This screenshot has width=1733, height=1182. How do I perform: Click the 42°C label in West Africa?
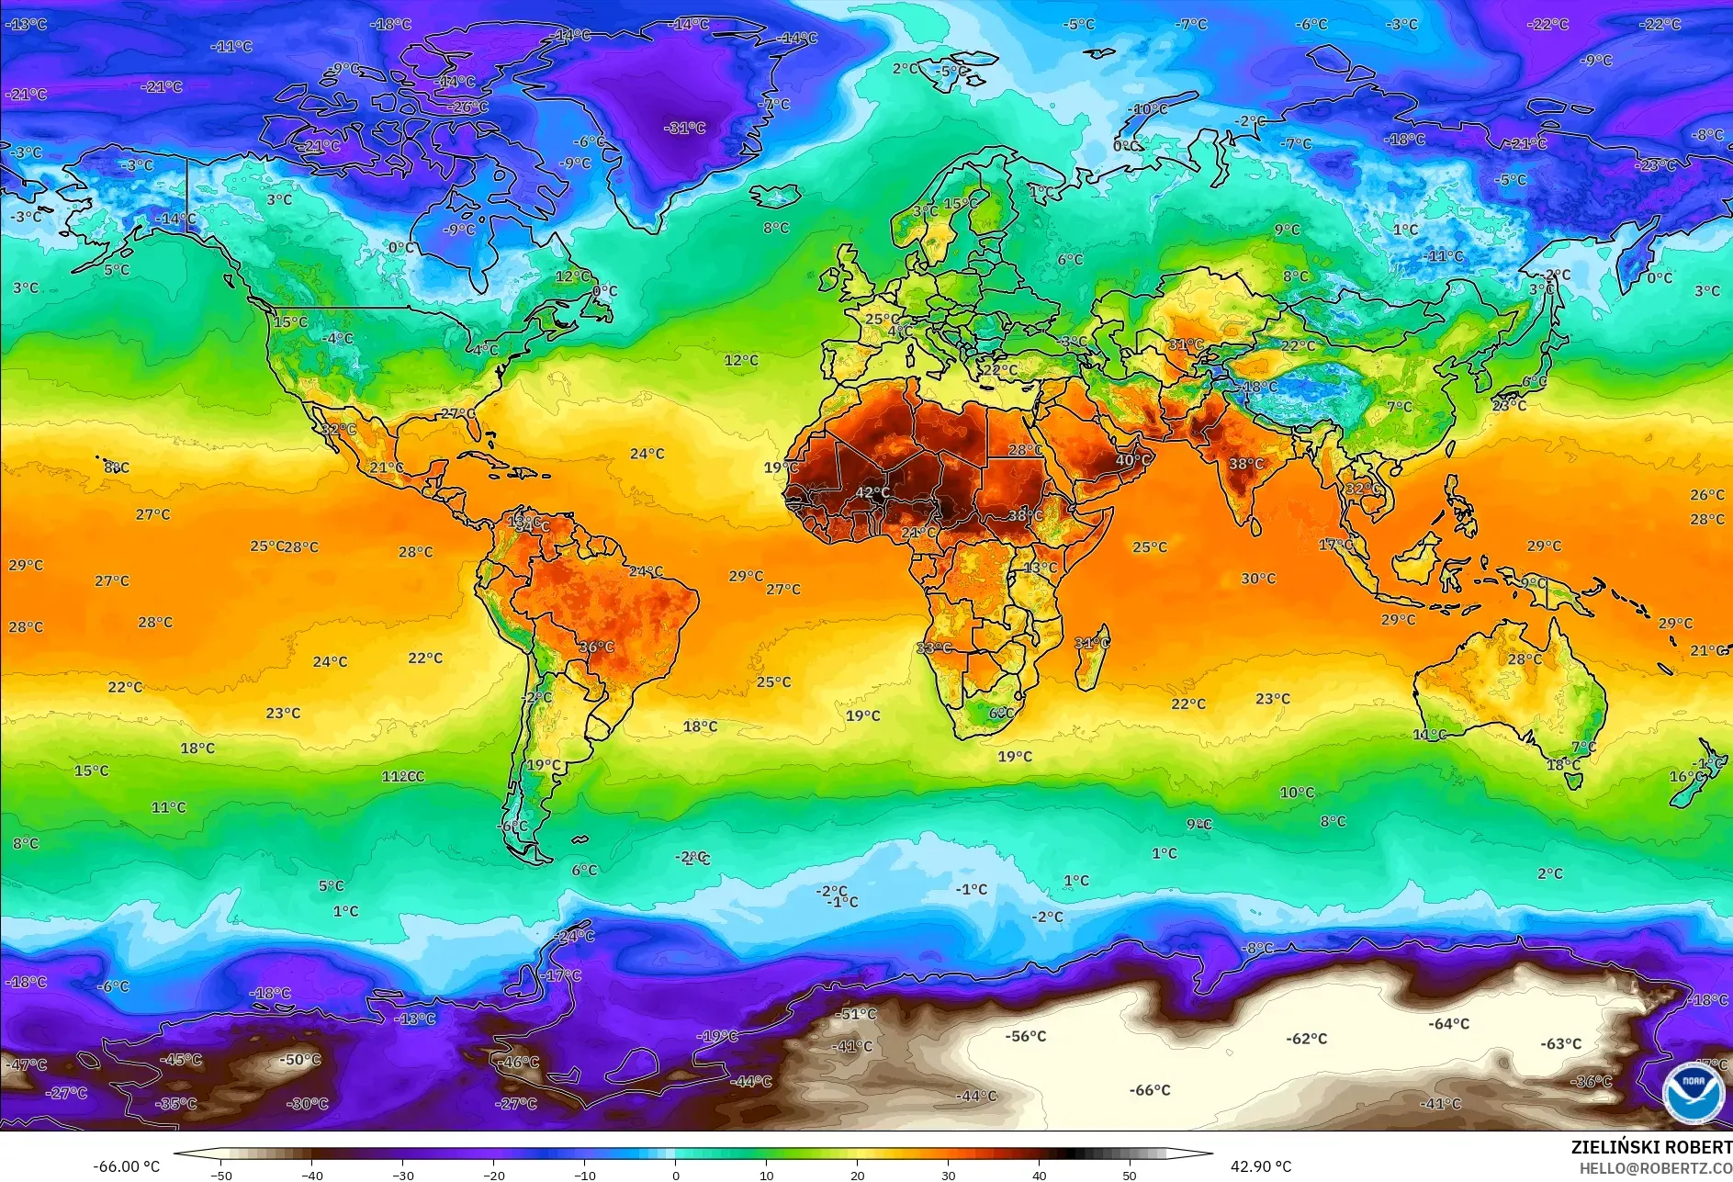(872, 492)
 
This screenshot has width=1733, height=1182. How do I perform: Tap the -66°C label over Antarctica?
(1150, 1090)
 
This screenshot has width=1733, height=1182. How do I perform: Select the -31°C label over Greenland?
(685, 128)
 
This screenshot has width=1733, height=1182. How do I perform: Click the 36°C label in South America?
(596, 647)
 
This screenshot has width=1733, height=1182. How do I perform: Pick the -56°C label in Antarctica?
(1026, 1036)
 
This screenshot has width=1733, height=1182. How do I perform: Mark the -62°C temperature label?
(1307, 1039)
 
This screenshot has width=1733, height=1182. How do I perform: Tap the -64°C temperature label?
(1449, 1023)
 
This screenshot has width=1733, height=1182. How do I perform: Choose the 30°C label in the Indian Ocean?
(1258, 579)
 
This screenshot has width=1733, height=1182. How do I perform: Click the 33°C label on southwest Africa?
(933, 647)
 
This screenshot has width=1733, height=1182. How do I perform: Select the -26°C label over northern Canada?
(469, 107)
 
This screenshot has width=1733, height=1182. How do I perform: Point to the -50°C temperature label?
(300, 1059)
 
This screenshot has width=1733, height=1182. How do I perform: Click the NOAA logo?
(1693, 1093)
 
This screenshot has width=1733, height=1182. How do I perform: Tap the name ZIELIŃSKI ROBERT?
(1651, 1147)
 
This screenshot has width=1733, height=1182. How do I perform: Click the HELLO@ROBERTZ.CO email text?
(1655, 1168)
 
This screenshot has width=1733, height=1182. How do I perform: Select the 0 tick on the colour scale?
(676, 1175)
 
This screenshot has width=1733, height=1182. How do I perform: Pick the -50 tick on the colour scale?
(220, 1175)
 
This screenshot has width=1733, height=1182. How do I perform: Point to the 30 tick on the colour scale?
(949, 1175)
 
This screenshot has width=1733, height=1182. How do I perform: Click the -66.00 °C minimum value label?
(127, 1166)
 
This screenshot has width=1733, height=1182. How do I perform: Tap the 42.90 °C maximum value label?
(1260, 1166)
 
